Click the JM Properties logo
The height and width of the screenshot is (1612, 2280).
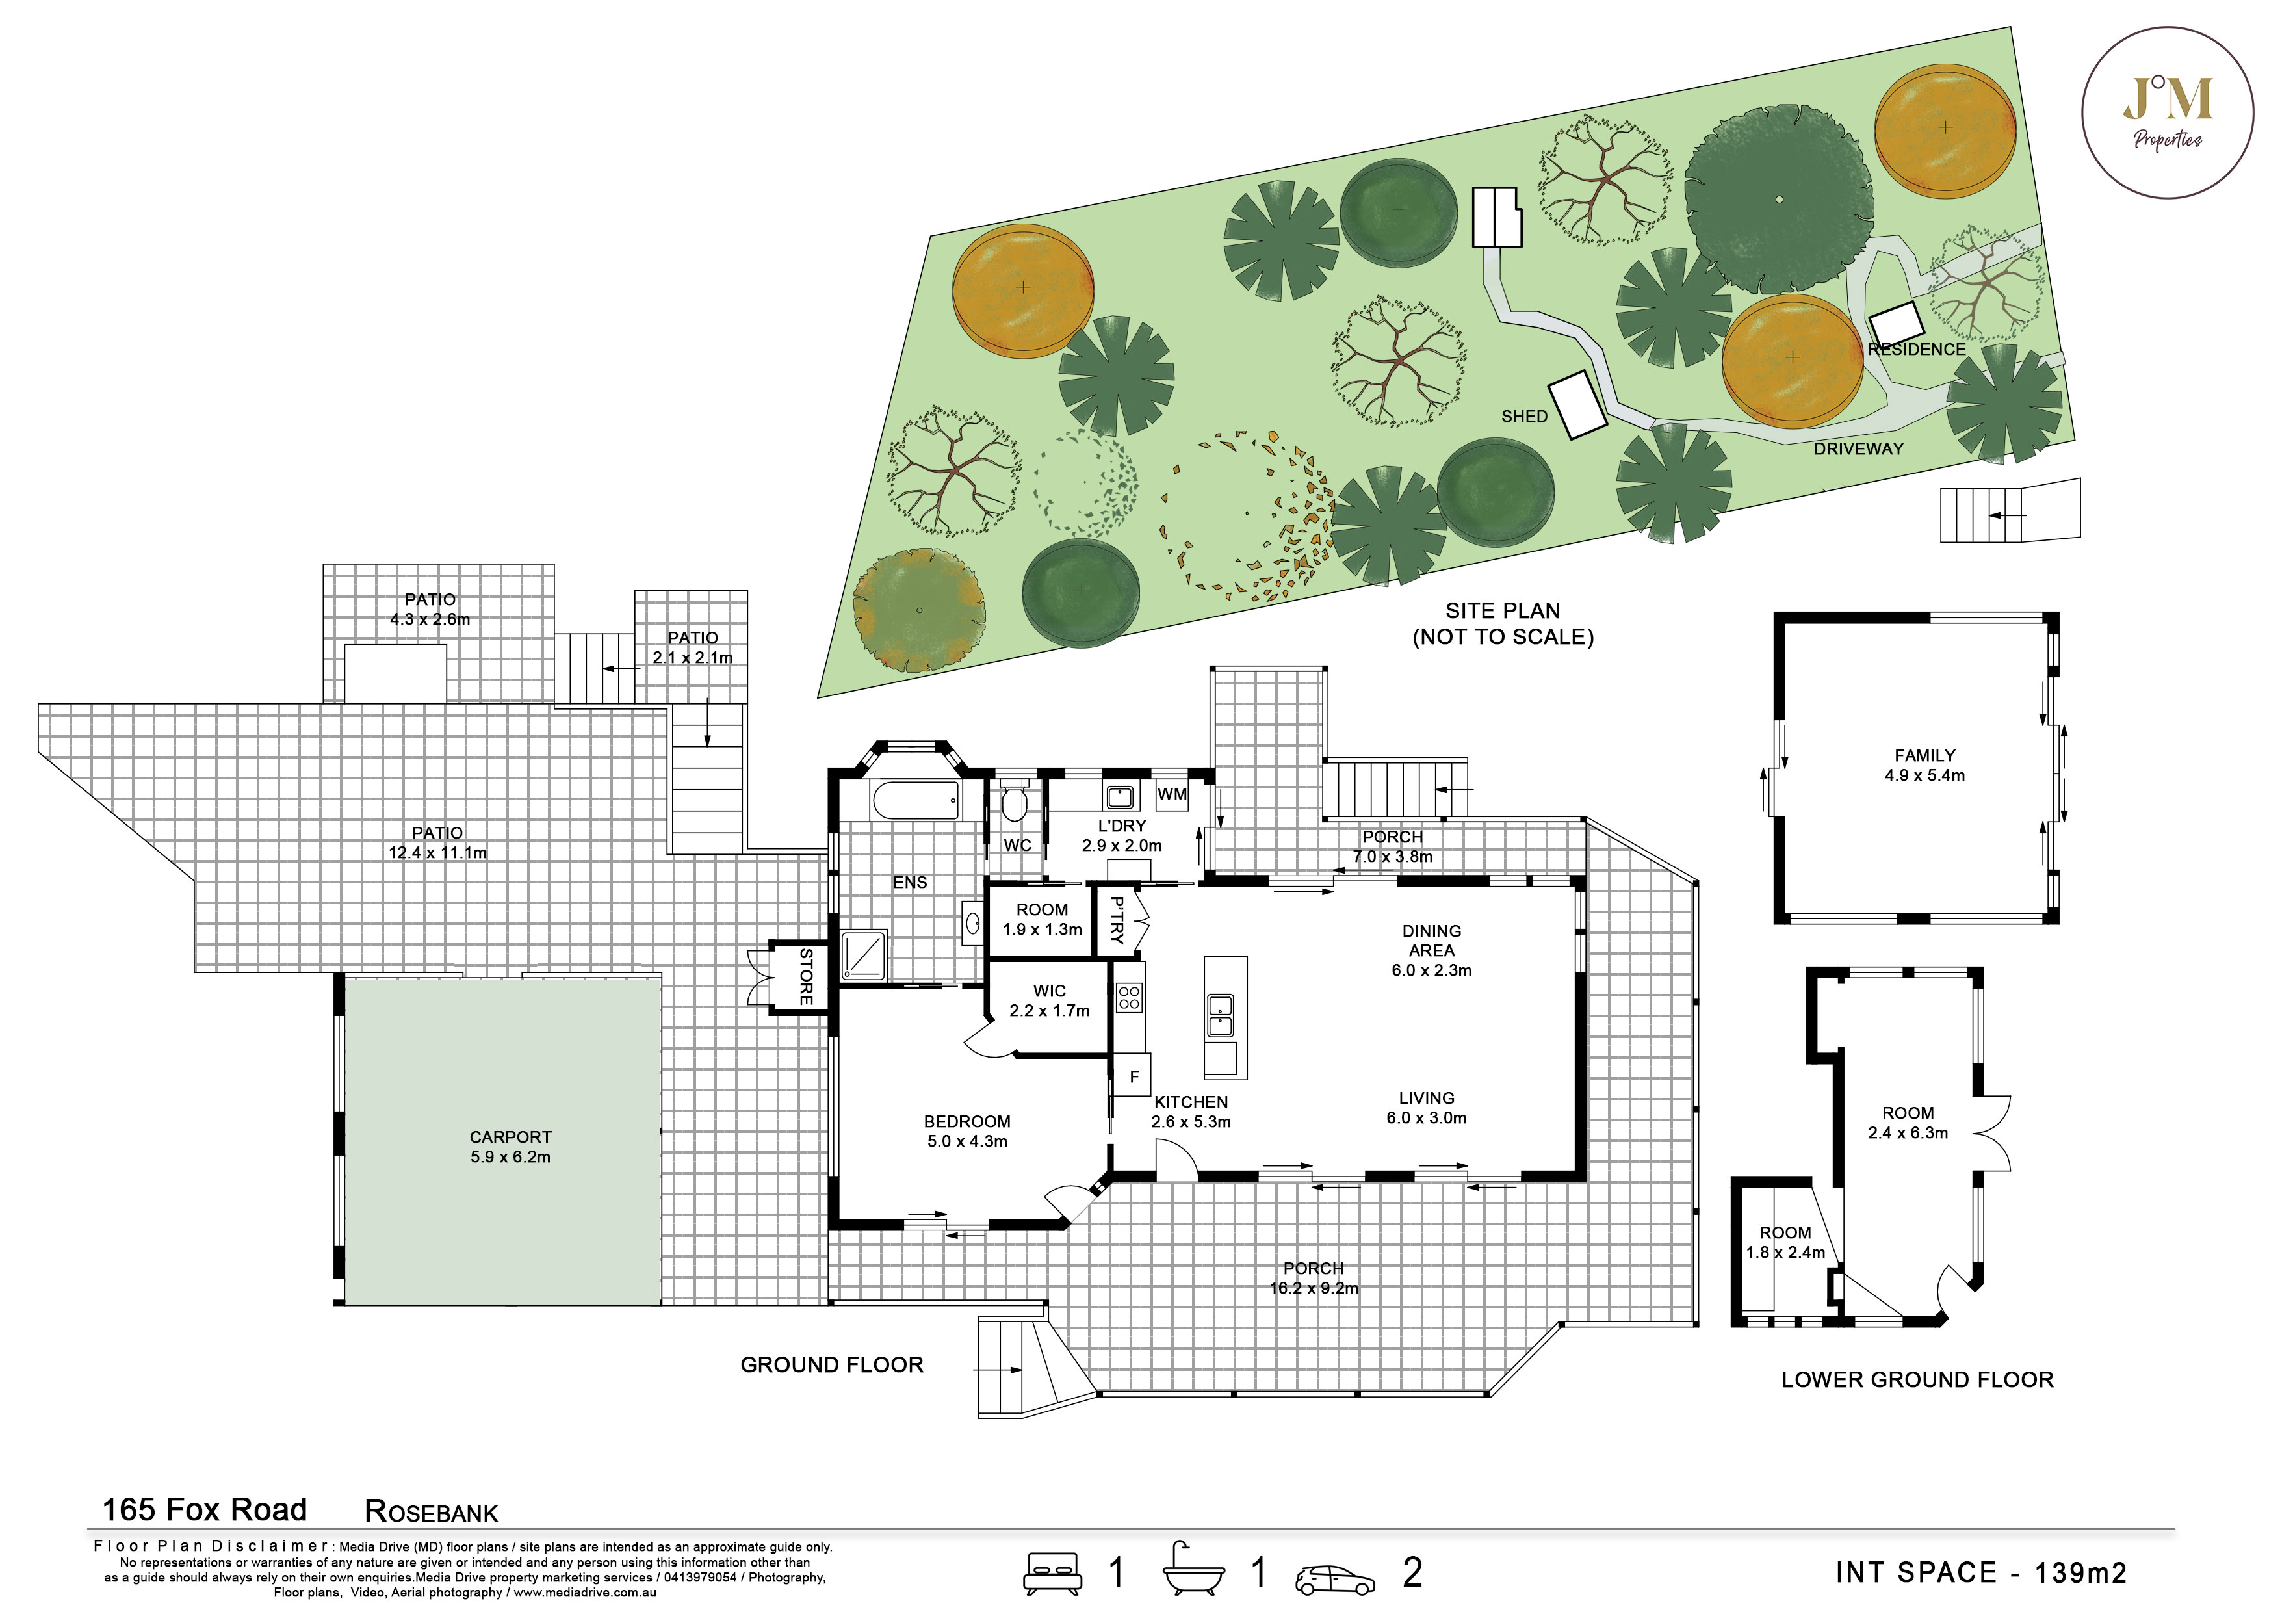pyautogui.click(x=2168, y=112)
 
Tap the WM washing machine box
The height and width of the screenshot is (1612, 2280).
pyautogui.click(x=1172, y=794)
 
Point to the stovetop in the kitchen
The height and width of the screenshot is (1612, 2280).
pyautogui.click(x=1128, y=996)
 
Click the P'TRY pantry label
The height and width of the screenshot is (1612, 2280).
pyautogui.click(x=1115, y=918)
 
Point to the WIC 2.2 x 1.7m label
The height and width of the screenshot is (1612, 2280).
pyautogui.click(x=1050, y=1000)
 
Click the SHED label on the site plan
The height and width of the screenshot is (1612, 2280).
pyautogui.click(x=1524, y=416)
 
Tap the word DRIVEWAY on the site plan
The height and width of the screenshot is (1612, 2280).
pyautogui.click(x=1859, y=449)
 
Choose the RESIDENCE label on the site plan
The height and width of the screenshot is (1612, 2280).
pyautogui.click(x=1917, y=350)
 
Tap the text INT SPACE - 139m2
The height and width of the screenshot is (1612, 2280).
pyautogui.click(x=1981, y=1572)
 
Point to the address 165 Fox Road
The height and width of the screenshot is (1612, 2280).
pyautogui.click(x=205, y=1510)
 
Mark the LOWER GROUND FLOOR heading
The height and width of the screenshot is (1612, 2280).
pyautogui.click(x=1917, y=1379)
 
